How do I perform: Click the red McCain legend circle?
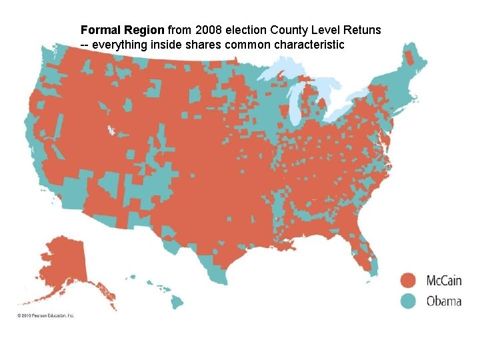tap(409, 281)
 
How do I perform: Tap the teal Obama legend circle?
tap(409, 301)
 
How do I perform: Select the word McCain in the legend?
tap(443, 281)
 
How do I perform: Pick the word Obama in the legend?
tap(443, 301)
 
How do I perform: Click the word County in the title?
tap(294, 31)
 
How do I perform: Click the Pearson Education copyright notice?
tap(46, 315)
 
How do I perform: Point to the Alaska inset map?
tap(63, 263)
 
